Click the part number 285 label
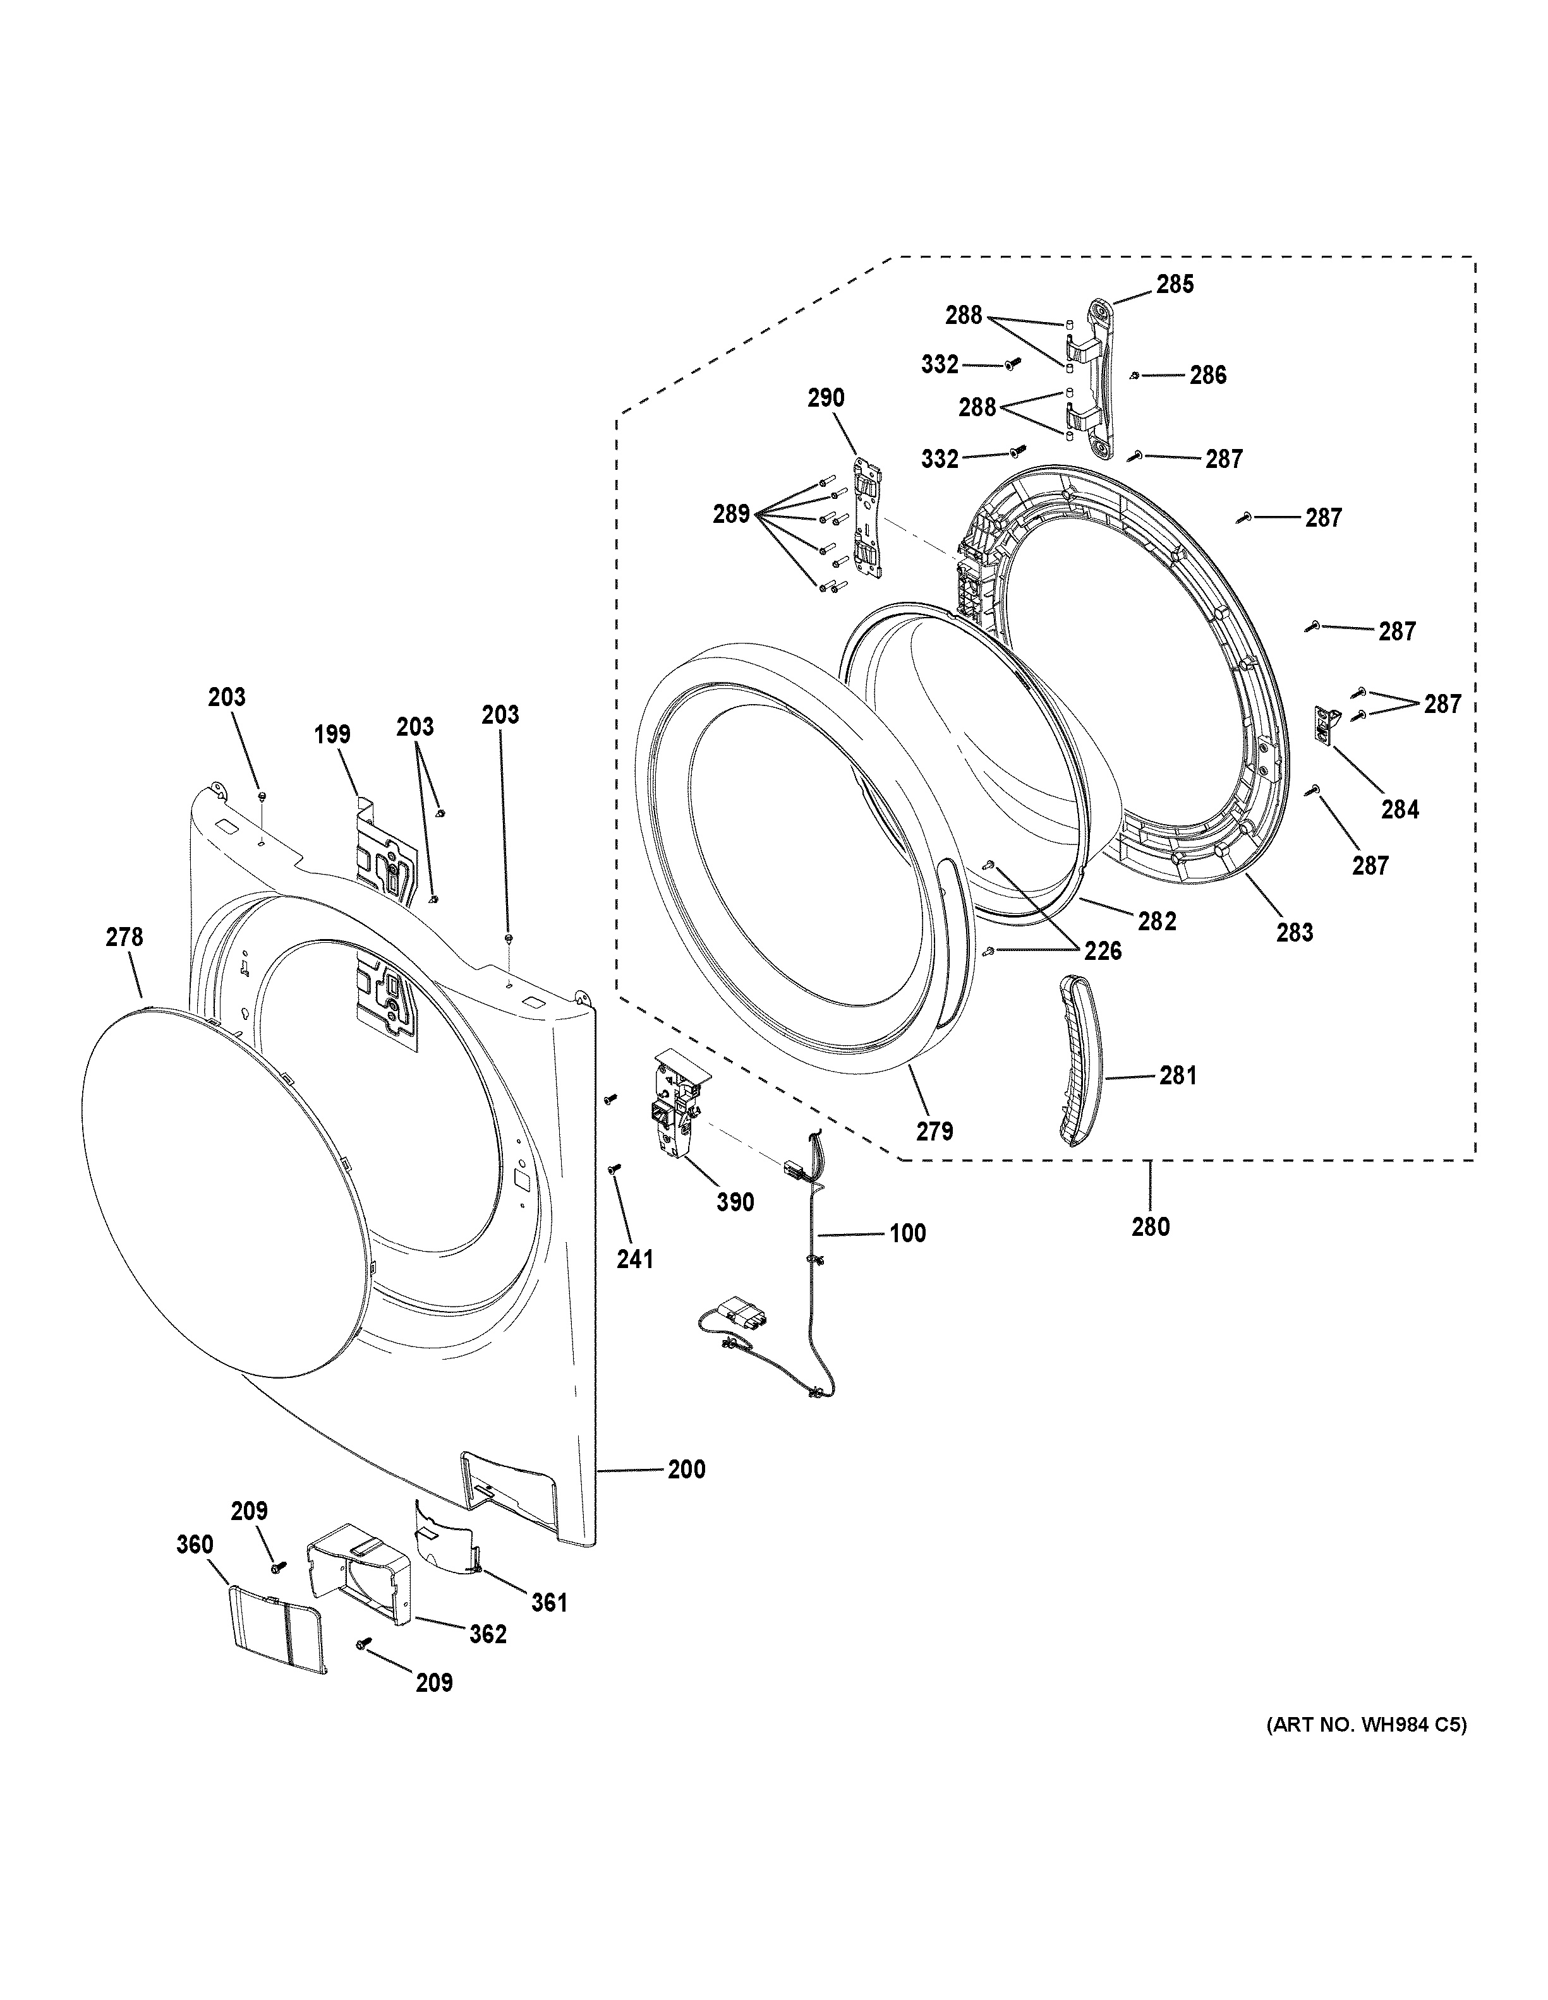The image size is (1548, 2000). (1175, 285)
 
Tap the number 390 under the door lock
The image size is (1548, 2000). (735, 1202)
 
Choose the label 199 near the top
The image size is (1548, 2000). (332, 734)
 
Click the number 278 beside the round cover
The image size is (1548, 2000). (124, 937)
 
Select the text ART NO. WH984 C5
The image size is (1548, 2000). (1366, 1725)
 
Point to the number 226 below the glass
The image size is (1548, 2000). (1103, 952)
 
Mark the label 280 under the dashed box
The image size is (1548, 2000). (1151, 1226)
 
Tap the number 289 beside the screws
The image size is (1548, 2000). (731, 515)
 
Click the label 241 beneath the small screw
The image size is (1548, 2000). (635, 1259)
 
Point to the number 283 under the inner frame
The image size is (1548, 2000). (1294, 933)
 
